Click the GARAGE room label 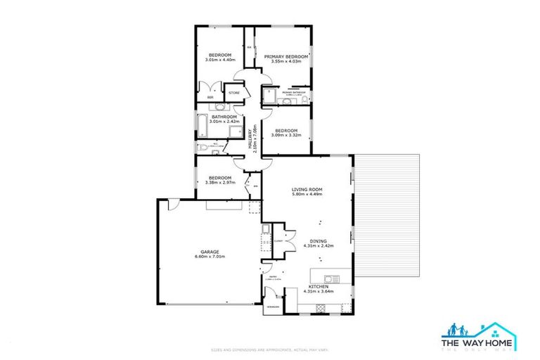pyautogui.click(x=210, y=252)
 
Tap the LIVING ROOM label pyautogui.click(x=307, y=190)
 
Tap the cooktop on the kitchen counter pyautogui.click(x=322, y=307)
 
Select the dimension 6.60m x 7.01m pyautogui.click(x=210, y=257)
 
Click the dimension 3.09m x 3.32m pyautogui.click(x=287, y=135)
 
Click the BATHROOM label pyautogui.click(x=214, y=117)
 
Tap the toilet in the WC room pyautogui.click(x=201, y=146)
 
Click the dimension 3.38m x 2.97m pyautogui.click(x=219, y=183)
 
